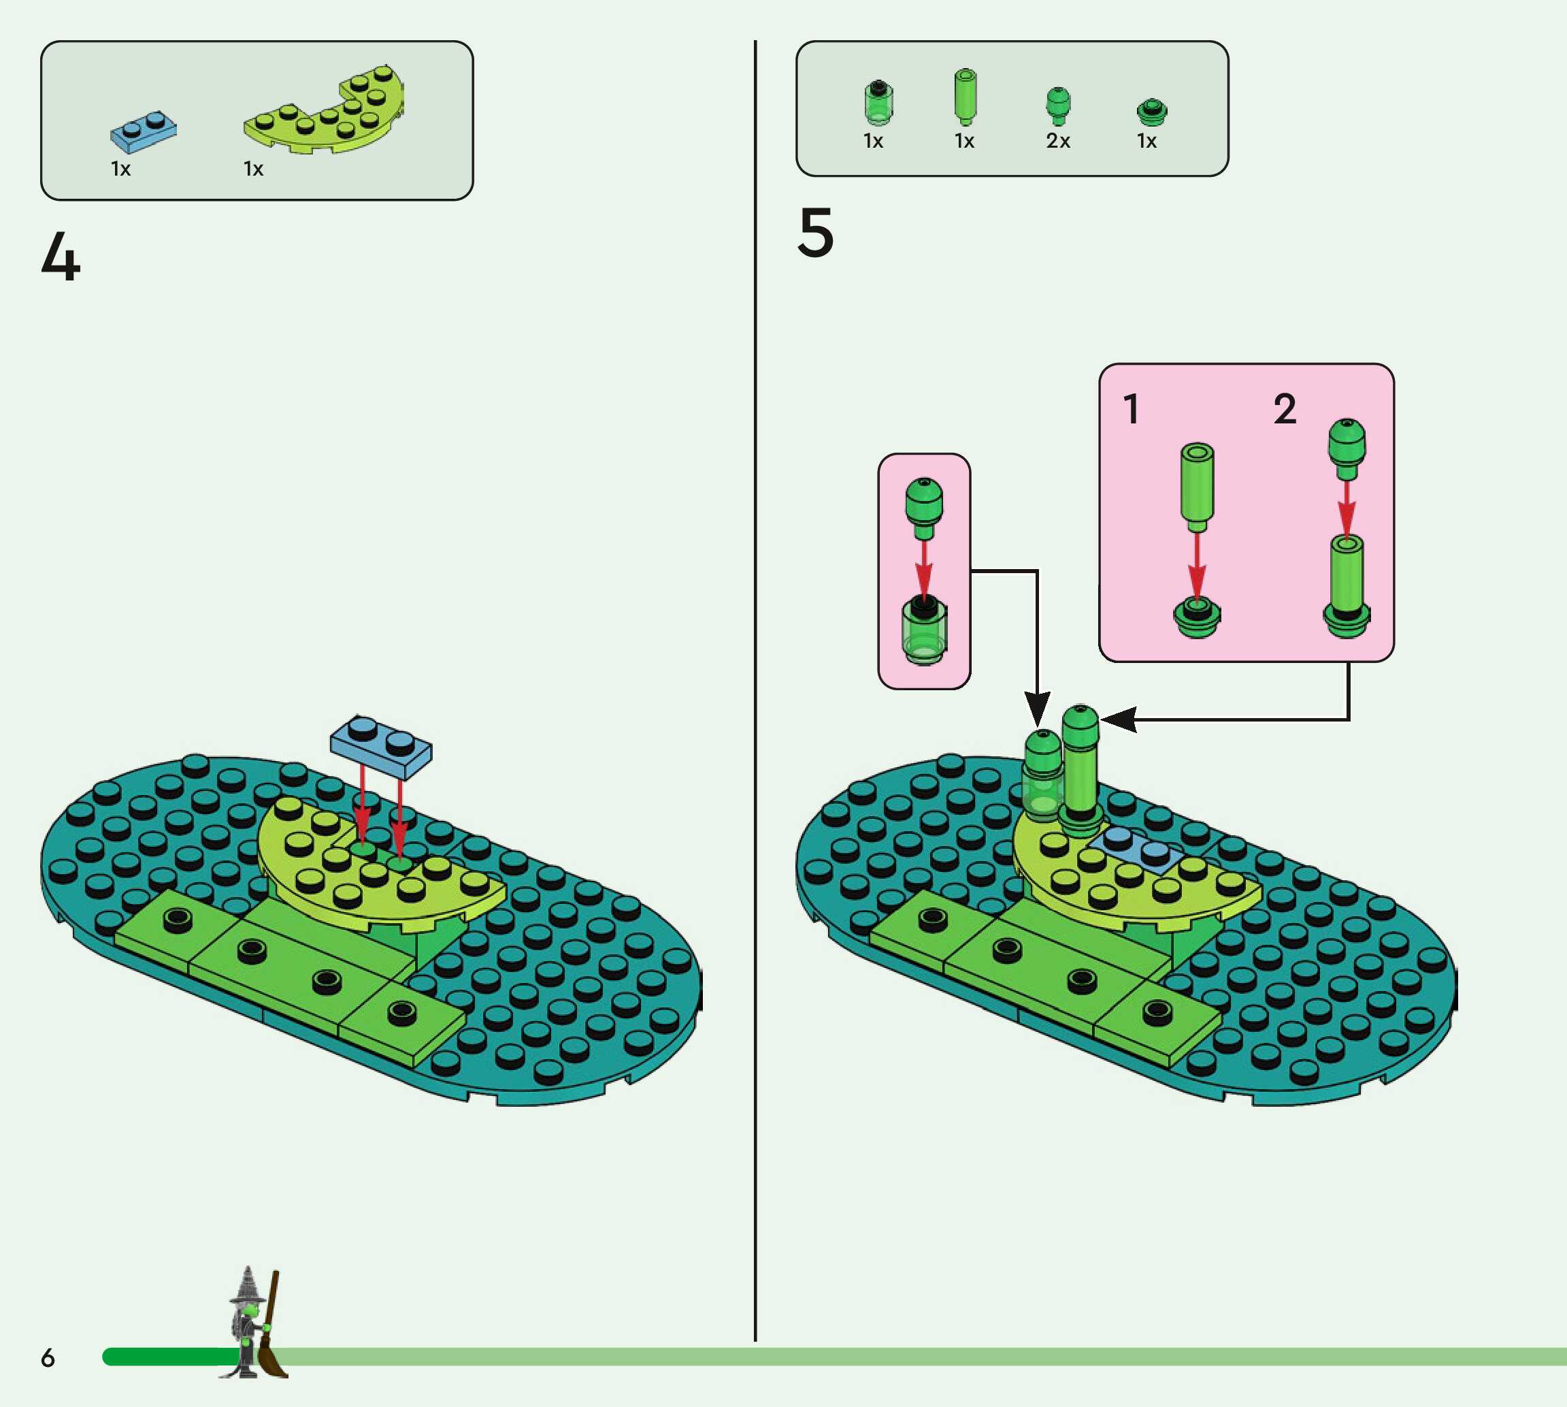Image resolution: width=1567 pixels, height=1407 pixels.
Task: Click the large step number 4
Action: (61, 257)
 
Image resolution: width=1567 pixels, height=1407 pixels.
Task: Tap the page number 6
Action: (48, 1357)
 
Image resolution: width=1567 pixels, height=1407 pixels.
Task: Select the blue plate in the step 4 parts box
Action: (143, 132)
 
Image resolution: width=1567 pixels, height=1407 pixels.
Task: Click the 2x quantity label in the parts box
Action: (1058, 141)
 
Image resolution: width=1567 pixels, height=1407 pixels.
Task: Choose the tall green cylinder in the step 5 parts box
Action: (964, 97)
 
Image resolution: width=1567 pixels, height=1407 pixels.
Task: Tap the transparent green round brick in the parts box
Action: (877, 103)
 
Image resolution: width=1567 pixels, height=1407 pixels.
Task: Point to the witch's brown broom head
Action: (272, 1358)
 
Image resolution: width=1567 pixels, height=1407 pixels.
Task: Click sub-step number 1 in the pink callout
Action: (1132, 409)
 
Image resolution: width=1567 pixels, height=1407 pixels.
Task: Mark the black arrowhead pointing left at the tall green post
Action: (1118, 719)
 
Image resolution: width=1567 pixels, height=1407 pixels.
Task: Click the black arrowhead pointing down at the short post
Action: (1037, 707)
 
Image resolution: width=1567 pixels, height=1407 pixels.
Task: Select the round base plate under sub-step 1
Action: (1196, 617)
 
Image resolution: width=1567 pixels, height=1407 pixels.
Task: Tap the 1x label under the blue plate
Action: (120, 169)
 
